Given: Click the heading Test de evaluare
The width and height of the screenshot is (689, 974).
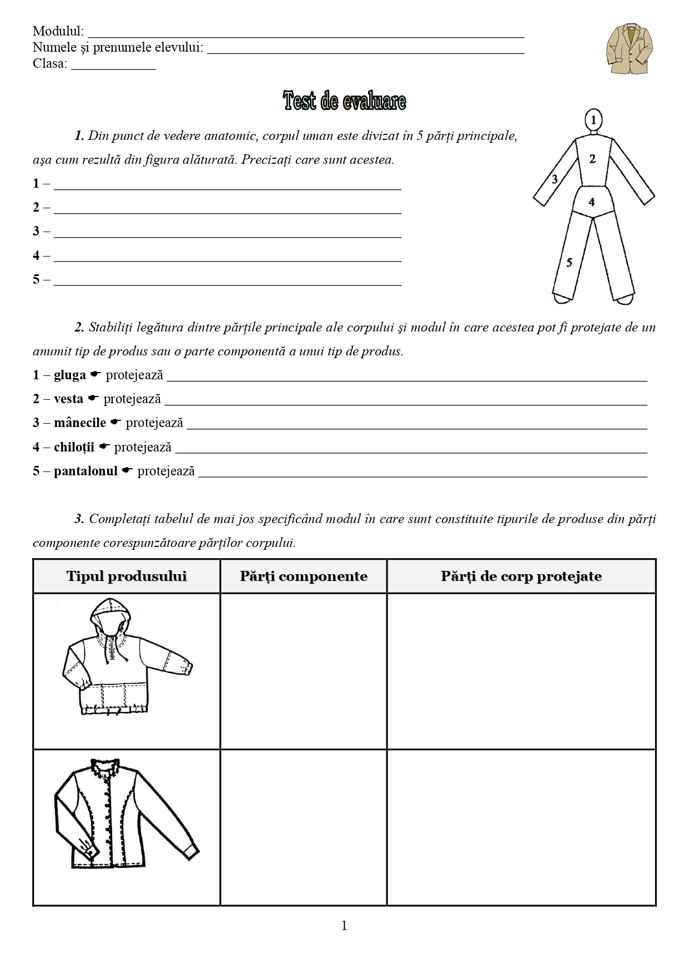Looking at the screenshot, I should [344, 101].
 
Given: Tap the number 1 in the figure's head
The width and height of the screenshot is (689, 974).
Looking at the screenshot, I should [594, 119].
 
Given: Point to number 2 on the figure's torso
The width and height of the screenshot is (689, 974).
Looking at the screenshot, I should [592, 159].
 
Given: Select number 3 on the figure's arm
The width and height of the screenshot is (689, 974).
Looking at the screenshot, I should [554, 179].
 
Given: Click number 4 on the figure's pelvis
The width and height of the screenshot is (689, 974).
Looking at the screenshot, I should [591, 202].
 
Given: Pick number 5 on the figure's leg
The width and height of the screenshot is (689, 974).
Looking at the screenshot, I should [569, 263].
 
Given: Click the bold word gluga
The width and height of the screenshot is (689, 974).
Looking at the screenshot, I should [70, 375].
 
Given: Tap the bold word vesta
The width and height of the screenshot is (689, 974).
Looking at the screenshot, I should [68, 399].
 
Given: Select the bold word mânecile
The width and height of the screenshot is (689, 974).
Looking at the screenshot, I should [80, 423].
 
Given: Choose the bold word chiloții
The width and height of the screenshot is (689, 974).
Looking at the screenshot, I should [74, 448].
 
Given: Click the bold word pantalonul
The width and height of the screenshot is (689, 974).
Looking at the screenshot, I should [86, 471].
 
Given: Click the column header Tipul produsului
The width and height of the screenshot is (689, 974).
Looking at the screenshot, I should [127, 576].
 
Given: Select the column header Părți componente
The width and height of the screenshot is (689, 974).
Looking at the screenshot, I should [304, 576].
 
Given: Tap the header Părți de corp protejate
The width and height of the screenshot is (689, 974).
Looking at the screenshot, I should [521, 576].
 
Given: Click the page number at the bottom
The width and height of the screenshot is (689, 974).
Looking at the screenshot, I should [344, 925].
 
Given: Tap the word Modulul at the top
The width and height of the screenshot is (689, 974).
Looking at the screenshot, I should [58, 31].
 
